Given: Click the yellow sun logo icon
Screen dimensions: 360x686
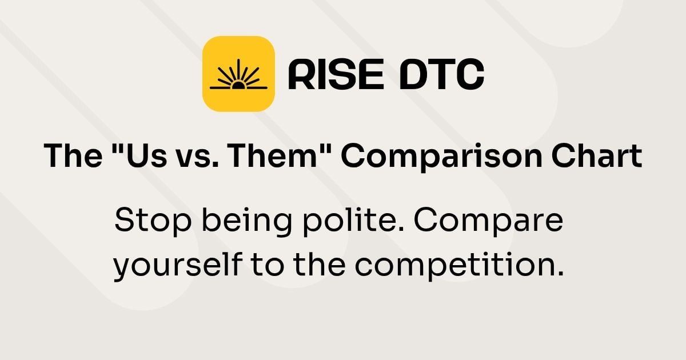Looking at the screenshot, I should [238, 73].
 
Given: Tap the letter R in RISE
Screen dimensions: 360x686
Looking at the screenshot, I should [302, 74].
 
